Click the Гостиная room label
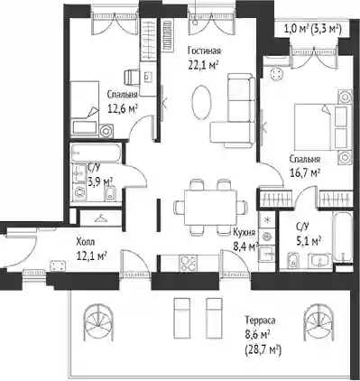pos(204,51)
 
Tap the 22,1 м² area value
pos(203,65)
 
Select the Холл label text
pos(86,242)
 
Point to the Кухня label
pos(245,232)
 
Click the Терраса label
pos(260,321)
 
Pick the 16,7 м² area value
pos(304,172)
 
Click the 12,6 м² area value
pos(123,108)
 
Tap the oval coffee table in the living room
pos(201,102)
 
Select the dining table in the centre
pos(210,208)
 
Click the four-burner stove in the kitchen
pos(189,264)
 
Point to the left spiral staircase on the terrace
pos(98,322)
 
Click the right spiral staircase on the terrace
pos(318,322)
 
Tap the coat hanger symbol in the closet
pos(102,218)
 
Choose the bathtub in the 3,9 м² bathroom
pos(96,153)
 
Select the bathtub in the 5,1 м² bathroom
pos(342,237)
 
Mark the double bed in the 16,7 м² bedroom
pos(323,126)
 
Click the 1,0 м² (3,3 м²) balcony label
pos(312,30)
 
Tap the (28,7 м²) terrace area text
pos(263,350)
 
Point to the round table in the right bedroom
pos(277,74)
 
